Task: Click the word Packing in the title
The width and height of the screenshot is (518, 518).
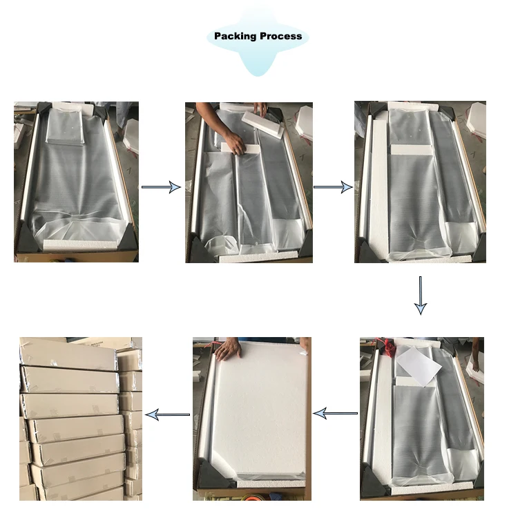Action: click(x=235, y=37)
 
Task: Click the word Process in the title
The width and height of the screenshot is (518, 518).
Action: click(x=280, y=36)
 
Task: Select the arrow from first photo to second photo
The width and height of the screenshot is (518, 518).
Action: click(x=161, y=187)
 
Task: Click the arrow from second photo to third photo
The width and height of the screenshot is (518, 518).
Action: click(x=333, y=187)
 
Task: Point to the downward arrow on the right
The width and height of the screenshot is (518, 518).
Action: click(x=421, y=296)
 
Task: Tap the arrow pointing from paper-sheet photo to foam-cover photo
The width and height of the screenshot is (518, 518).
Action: click(x=335, y=413)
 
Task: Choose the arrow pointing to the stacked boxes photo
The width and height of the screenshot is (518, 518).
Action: click(x=168, y=414)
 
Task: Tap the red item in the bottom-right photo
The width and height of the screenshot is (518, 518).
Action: click(x=390, y=347)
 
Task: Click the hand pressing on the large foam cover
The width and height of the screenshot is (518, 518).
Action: click(x=229, y=349)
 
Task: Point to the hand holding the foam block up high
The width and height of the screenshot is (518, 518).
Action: click(x=260, y=108)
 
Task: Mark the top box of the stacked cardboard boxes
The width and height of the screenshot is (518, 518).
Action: click(x=68, y=354)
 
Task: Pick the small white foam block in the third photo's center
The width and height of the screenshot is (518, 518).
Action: click(x=411, y=150)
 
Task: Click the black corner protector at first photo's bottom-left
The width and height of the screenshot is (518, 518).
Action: click(x=27, y=236)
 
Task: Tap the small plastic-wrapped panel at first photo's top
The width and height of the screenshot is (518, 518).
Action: click(x=66, y=126)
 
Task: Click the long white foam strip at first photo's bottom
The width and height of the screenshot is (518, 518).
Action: click(x=80, y=244)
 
